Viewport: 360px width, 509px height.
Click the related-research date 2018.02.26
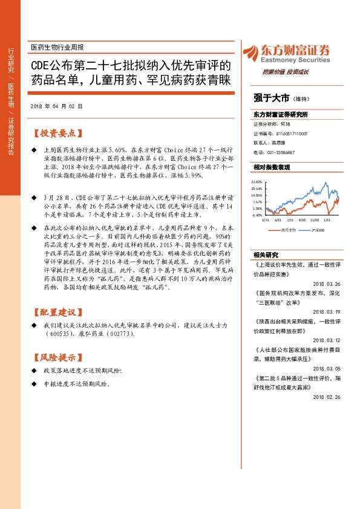327,397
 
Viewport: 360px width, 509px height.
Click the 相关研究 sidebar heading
266,254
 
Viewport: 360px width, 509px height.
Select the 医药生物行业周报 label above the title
57,47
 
